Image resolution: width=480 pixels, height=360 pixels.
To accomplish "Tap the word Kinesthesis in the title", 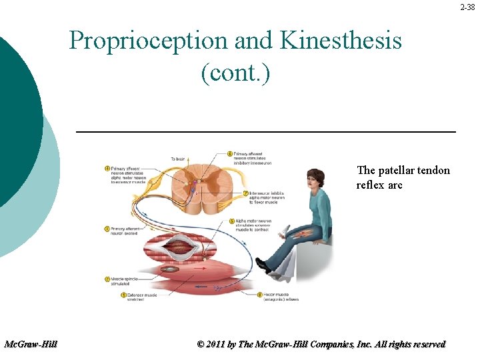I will tap(341, 41).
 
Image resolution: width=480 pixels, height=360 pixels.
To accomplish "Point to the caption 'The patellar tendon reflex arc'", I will tap(403, 177).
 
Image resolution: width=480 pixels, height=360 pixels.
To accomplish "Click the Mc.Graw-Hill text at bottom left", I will tap(31, 344).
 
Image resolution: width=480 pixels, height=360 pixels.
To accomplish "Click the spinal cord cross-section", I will tap(199, 183).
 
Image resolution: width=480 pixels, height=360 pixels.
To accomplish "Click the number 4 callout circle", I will tap(107, 168).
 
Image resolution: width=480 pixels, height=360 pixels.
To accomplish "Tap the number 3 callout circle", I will tap(107, 229).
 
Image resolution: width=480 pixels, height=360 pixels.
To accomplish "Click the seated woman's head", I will tap(313, 179).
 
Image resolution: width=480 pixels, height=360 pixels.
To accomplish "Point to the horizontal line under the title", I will tap(266, 132).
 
